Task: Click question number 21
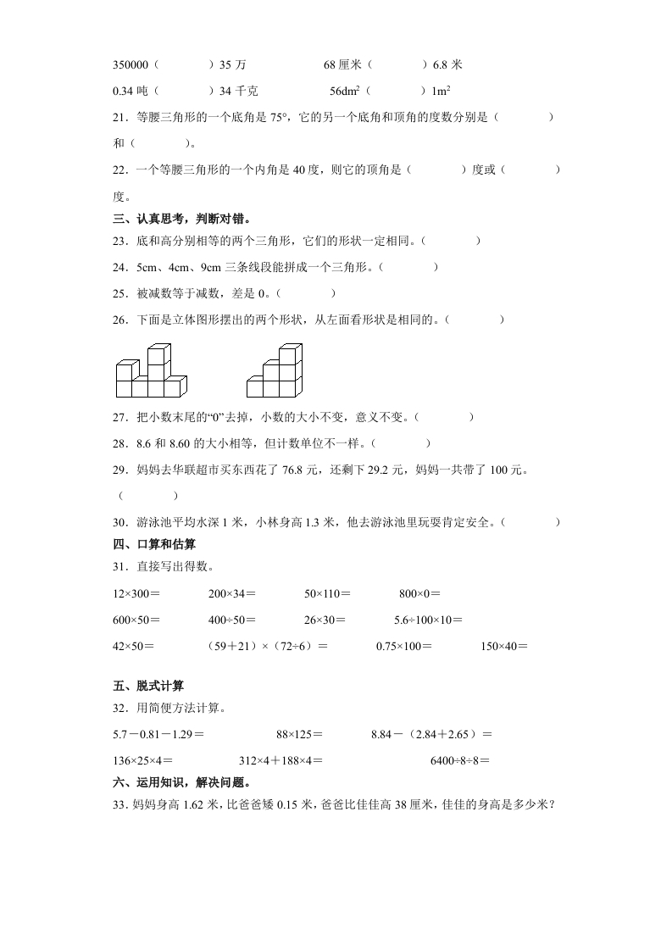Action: (121, 118)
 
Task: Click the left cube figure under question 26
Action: (149, 370)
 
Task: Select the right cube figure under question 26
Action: (274, 370)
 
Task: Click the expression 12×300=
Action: (136, 594)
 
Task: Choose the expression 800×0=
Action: (419, 594)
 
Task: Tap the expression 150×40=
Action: (503, 646)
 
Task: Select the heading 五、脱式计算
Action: (148, 686)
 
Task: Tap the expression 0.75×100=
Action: (403, 646)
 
